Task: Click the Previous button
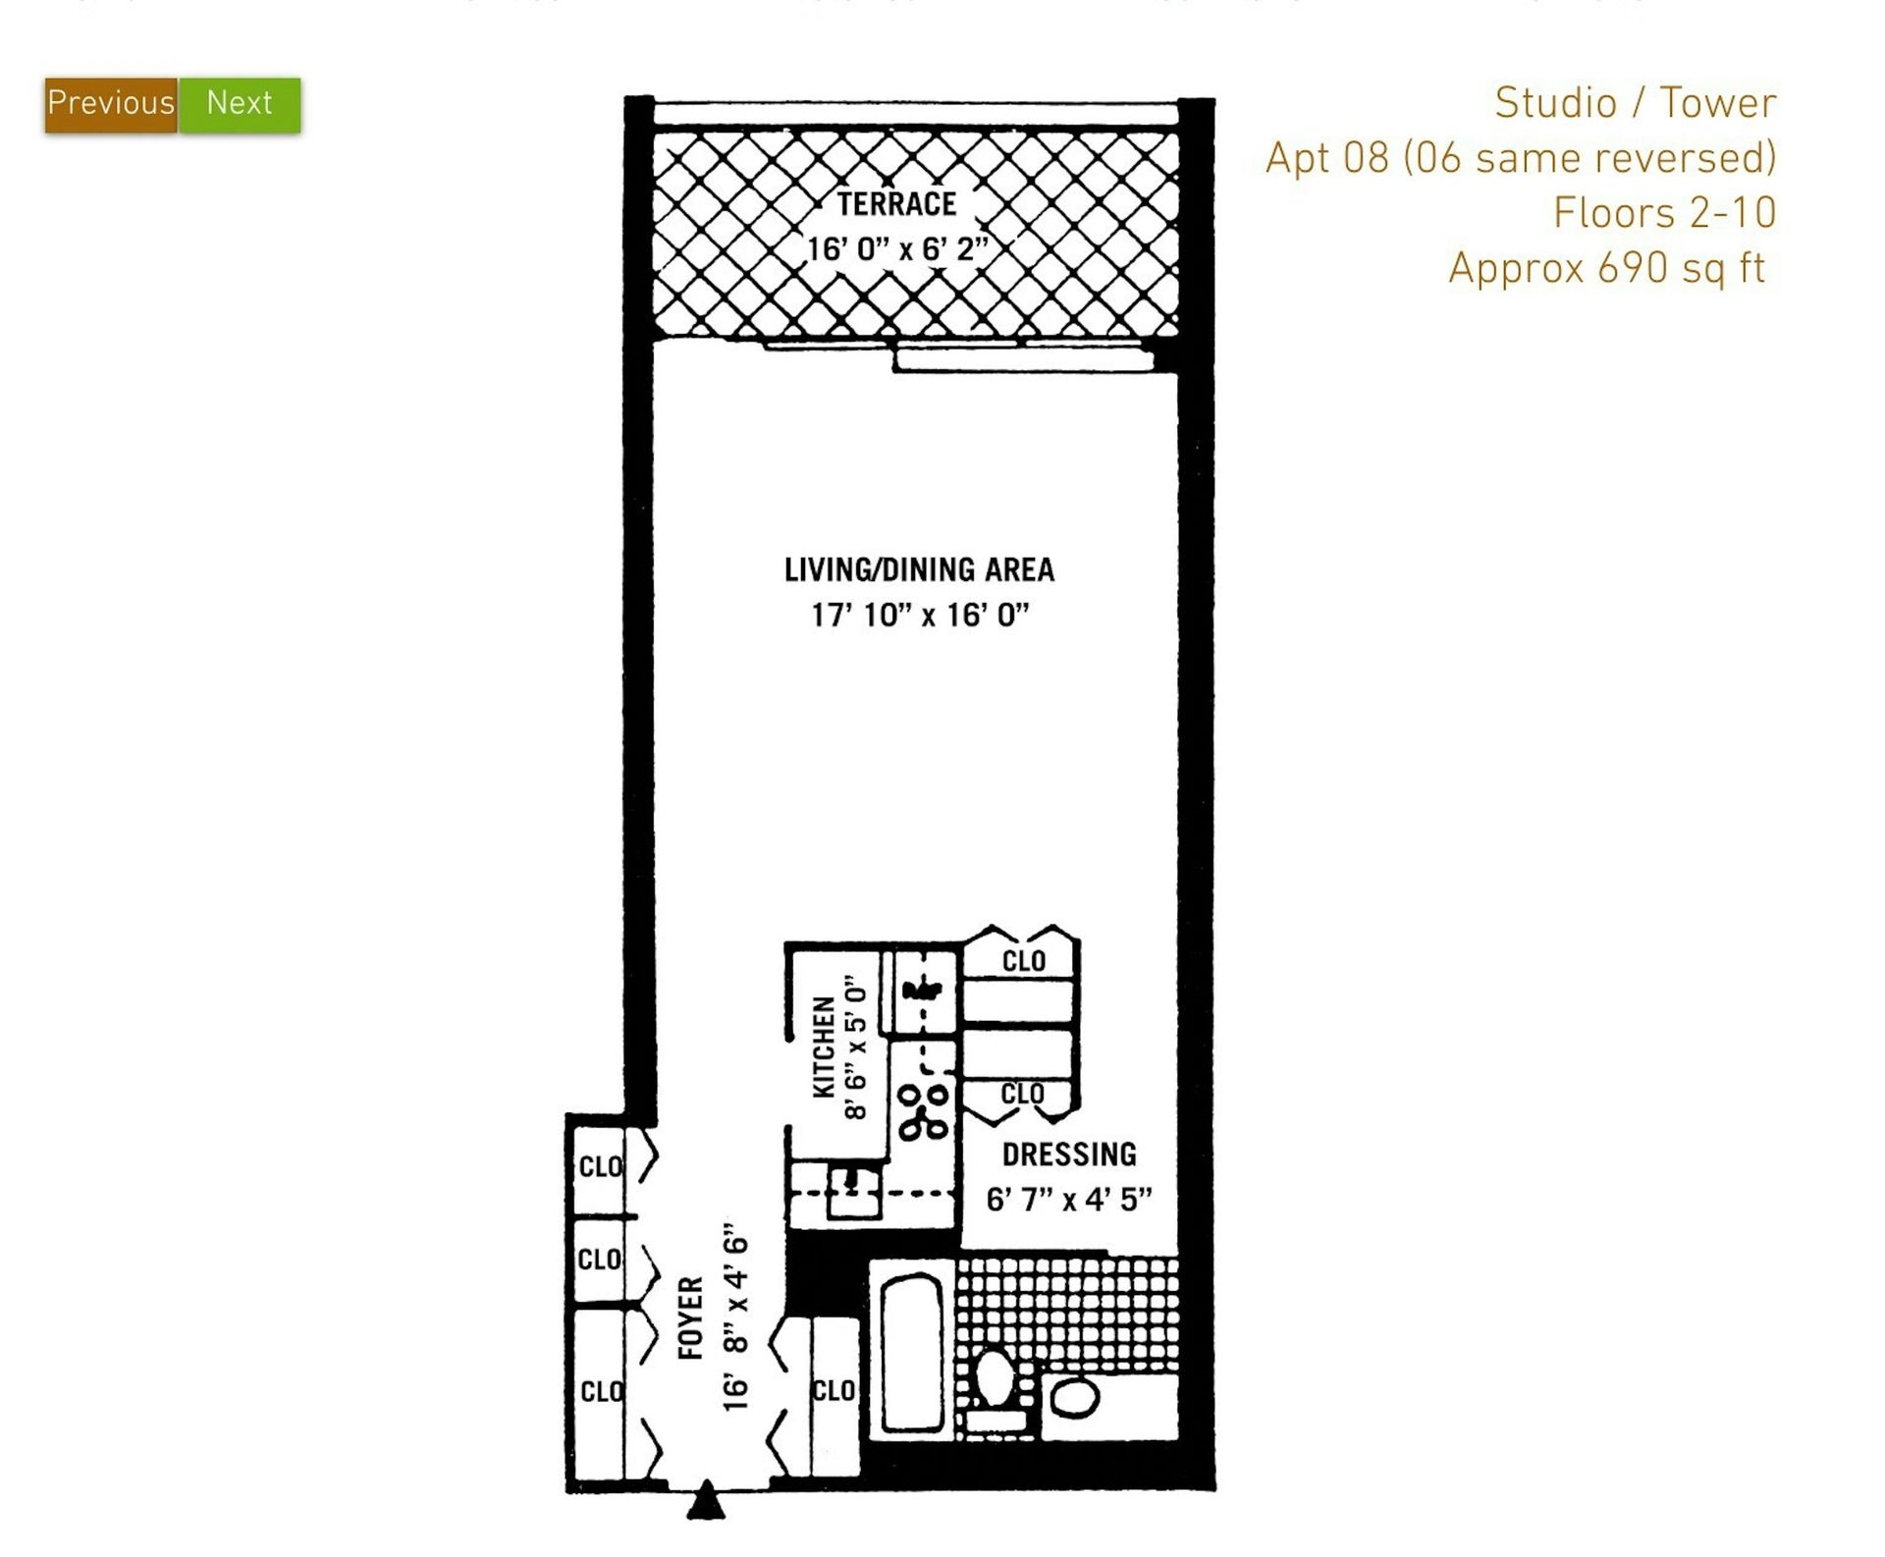(x=111, y=104)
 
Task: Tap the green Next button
(x=240, y=104)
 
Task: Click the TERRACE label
(x=896, y=204)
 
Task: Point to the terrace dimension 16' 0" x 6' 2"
(x=896, y=248)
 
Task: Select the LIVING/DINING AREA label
(x=919, y=569)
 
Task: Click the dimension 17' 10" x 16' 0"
(x=920, y=616)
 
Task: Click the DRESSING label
(x=1069, y=1154)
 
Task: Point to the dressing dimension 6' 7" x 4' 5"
(x=1069, y=1200)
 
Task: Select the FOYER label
(x=691, y=1317)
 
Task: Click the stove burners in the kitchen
(x=924, y=1111)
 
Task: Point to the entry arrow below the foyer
(x=706, y=1502)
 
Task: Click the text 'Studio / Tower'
(x=1636, y=103)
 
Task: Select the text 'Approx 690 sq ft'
(x=1607, y=268)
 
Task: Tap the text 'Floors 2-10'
(x=1665, y=213)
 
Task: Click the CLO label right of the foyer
(x=834, y=1391)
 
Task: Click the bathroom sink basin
(x=1075, y=1398)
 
